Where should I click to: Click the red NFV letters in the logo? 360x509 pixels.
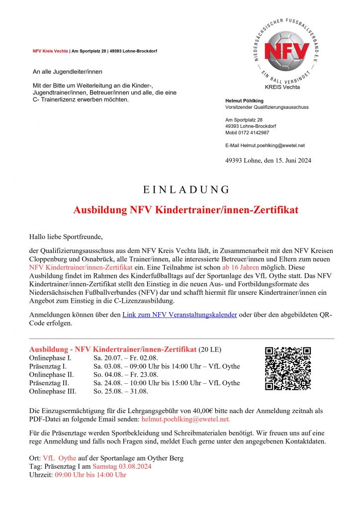coord(286,51)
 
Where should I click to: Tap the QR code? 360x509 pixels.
coord(288,369)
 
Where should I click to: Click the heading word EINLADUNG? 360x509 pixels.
coord(186,189)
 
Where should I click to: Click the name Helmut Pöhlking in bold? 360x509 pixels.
coord(245,101)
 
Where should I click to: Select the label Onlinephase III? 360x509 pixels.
coord(53,391)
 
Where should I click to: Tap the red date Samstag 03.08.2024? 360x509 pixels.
coord(122,466)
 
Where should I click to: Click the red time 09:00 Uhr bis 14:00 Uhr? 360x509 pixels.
coord(85,475)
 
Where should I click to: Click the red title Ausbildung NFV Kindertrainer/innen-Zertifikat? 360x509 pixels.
coord(185,210)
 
